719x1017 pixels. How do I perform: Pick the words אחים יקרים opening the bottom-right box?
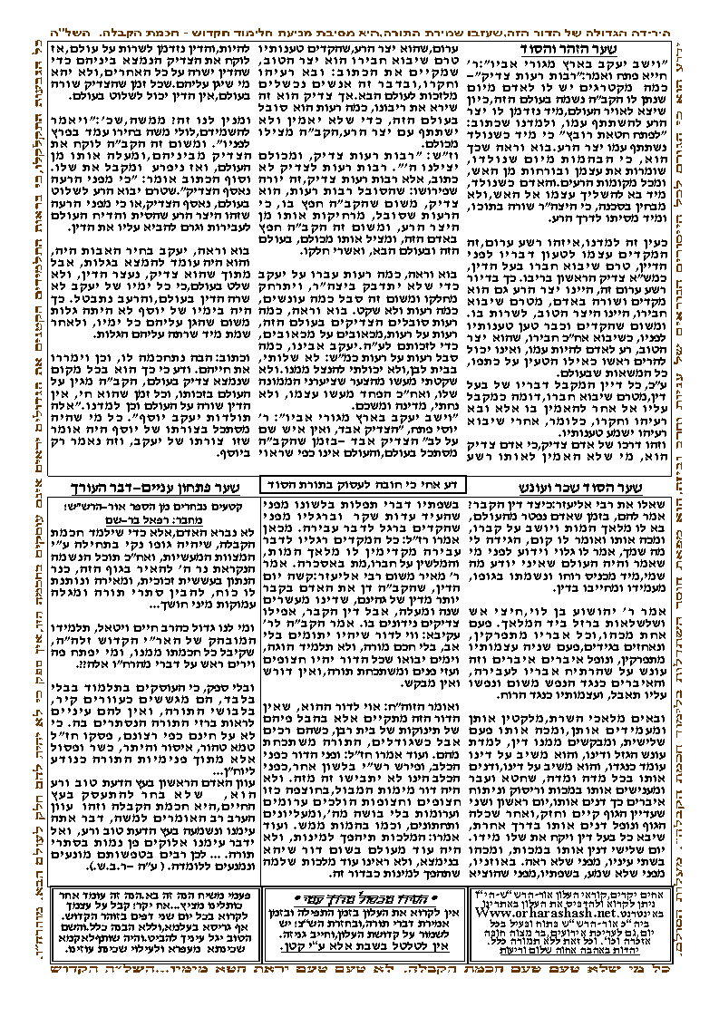tap(671, 894)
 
